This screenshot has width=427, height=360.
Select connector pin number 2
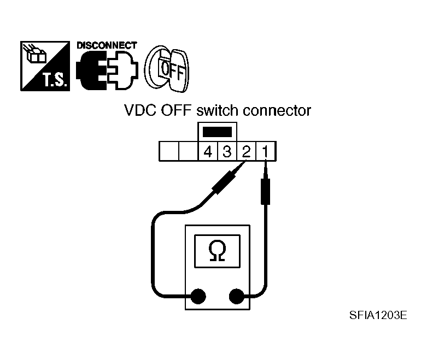click(246, 151)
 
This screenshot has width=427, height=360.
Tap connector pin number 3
click(226, 151)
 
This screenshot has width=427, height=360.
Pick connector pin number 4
click(207, 151)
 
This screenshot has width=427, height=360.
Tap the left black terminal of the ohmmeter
click(197, 297)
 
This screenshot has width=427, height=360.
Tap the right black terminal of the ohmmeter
click(237, 297)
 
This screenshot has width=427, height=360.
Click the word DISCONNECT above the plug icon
click(107, 46)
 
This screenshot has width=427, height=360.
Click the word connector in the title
click(276, 111)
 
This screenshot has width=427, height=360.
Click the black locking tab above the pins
click(217, 132)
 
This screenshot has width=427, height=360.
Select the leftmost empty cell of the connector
click(168, 151)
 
